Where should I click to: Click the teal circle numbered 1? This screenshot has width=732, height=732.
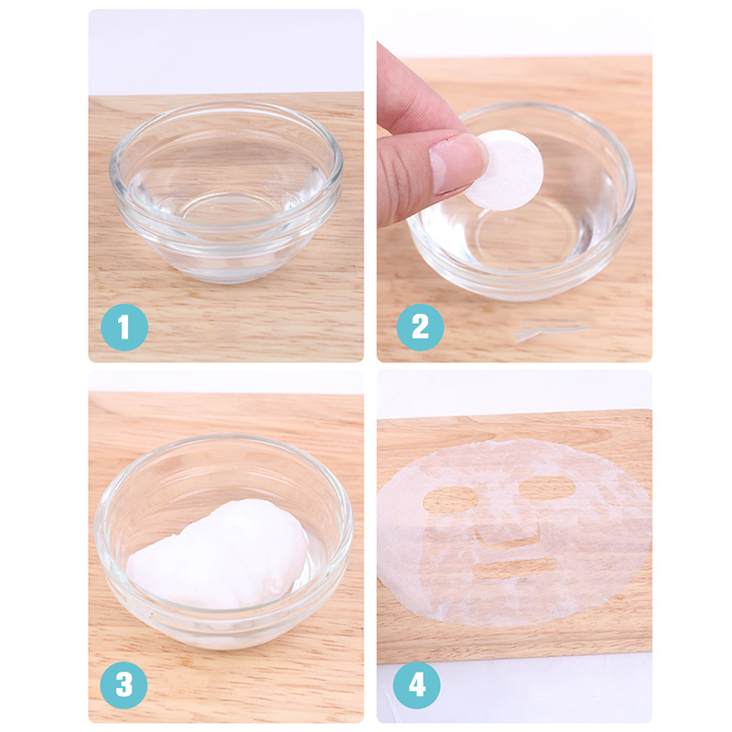pos(124,328)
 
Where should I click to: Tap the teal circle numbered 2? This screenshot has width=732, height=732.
pos(420,328)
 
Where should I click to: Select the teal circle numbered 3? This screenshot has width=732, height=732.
pos(124,684)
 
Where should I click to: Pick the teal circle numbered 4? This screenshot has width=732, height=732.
pos(417,684)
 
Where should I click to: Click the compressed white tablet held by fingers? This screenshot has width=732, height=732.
pos(507,170)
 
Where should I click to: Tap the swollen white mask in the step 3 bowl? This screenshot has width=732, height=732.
pos(218,554)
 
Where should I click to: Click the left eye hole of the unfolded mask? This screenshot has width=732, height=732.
pos(450,500)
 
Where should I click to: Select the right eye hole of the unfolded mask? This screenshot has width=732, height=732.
pos(547,489)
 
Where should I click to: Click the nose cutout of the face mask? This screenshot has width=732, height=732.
pos(508,536)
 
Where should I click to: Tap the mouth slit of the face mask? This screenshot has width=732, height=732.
pos(514,567)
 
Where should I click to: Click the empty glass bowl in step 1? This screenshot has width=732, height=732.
pos(226,191)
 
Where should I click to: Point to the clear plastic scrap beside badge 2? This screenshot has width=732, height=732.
pos(551,332)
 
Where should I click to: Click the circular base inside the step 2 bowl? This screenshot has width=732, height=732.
pos(528,238)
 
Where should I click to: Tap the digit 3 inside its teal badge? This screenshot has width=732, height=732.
pos(124,684)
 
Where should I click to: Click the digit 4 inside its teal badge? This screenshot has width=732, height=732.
pos(417,684)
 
